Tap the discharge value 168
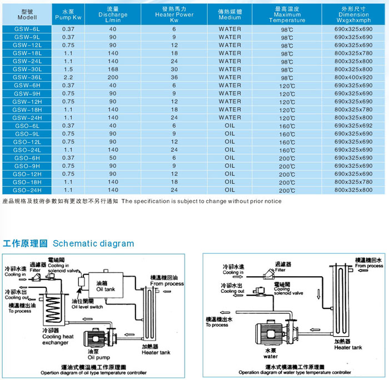[113, 69]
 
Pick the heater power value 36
[174, 77]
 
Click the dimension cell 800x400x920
[353, 77]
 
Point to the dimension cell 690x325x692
[353, 126]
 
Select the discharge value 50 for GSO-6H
[113, 158]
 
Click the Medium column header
[230, 14]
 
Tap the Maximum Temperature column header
[287, 14]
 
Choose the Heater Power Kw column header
[174, 14]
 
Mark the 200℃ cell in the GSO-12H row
[287, 174]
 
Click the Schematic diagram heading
[93, 243]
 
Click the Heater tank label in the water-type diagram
[348, 347]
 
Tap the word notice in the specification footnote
[270, 201]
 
